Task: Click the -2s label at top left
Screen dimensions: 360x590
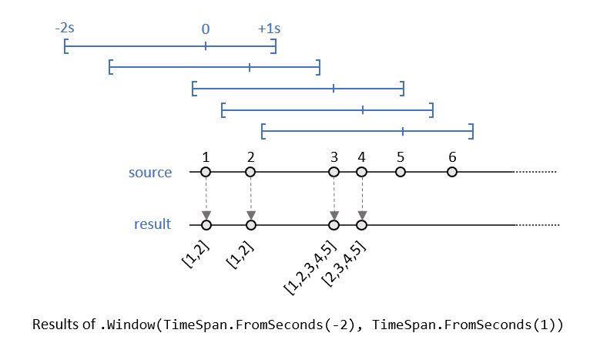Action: (x=65, y=29)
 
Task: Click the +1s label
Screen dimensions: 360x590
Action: (x=269, y=29)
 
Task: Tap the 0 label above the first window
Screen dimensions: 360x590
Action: (x=206, y=29)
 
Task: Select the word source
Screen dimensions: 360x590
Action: (x=150, y=173)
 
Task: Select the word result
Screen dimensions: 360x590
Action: (x=153, y=225)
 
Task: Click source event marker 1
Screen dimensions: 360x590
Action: (x=206, y=173)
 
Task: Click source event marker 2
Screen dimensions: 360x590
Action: (x=250, y=173)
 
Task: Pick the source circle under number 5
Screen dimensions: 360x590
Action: (x=401, y=173)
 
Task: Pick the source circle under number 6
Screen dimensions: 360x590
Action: (x=452, y=173)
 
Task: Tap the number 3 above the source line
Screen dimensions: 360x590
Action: (x=334, y=157)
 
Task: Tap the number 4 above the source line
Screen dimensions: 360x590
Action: (x=361, y=157)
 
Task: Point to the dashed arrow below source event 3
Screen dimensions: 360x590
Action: (x=334, y=199)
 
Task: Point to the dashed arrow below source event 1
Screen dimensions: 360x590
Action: (x=206, y=199)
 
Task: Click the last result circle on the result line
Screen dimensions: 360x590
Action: (x=361, y=225)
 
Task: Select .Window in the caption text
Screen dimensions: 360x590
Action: (x=127, y=325)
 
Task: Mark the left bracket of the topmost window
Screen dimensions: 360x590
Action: (x=66, y=48)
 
